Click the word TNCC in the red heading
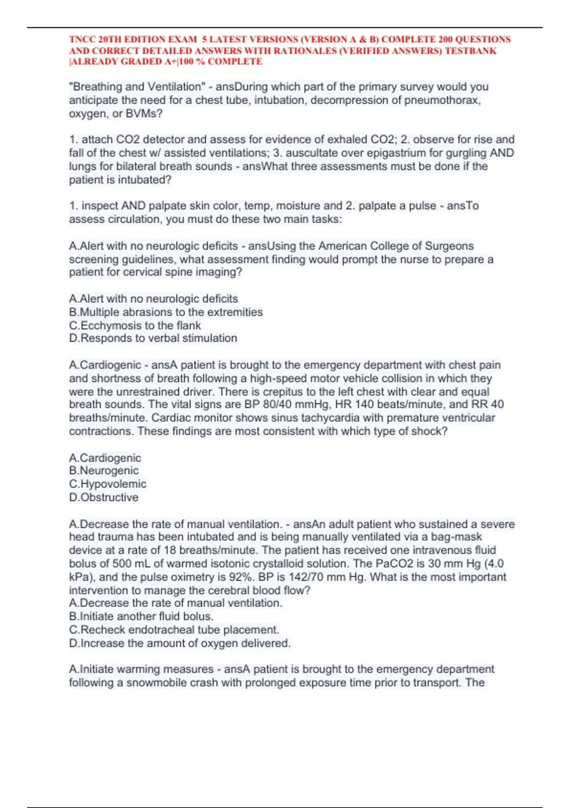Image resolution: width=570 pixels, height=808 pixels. point(82,39)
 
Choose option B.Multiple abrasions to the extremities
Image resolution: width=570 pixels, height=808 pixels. point(166,312)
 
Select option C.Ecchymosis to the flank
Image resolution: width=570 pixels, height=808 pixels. point(135,326)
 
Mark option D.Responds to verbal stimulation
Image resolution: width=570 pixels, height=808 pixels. point(153,338)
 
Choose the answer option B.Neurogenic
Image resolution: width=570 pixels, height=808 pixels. point(104,471)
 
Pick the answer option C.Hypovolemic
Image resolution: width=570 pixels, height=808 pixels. point(108,484)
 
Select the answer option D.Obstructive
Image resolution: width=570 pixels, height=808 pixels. point(104,497)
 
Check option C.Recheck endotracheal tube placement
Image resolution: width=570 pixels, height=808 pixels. point(174,630)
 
